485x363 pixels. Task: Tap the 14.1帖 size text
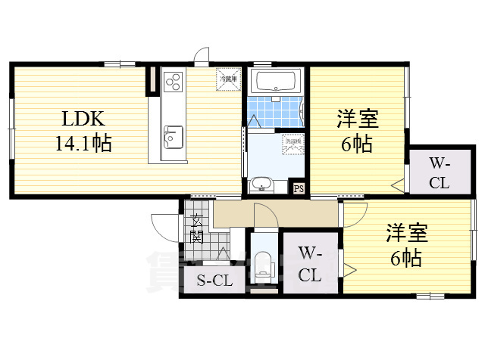click(x=83, y=143)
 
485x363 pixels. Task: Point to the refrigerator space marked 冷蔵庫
click(x=228, y=78)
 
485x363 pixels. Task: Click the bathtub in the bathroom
click(x=276, y=82)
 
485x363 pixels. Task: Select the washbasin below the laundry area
click(x=262, y=184)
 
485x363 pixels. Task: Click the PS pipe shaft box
click(x=299, y=188)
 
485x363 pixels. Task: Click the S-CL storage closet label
click(x=214, y=281)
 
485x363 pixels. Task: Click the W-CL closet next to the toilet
click(x=309, y=263)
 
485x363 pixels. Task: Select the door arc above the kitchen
click(x=201, y=56)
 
